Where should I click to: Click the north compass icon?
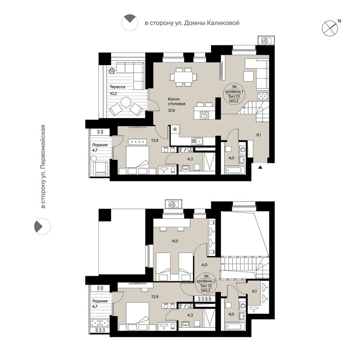click(x=330, y=28)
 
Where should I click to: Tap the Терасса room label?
click(x=116, y=87)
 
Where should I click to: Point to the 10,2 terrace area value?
click(x=113, y=94)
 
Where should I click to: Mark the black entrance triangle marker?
click(x=260, y=167)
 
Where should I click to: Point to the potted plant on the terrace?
click(x=112, y=70)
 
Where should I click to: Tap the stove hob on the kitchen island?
click(x=204, y=114)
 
